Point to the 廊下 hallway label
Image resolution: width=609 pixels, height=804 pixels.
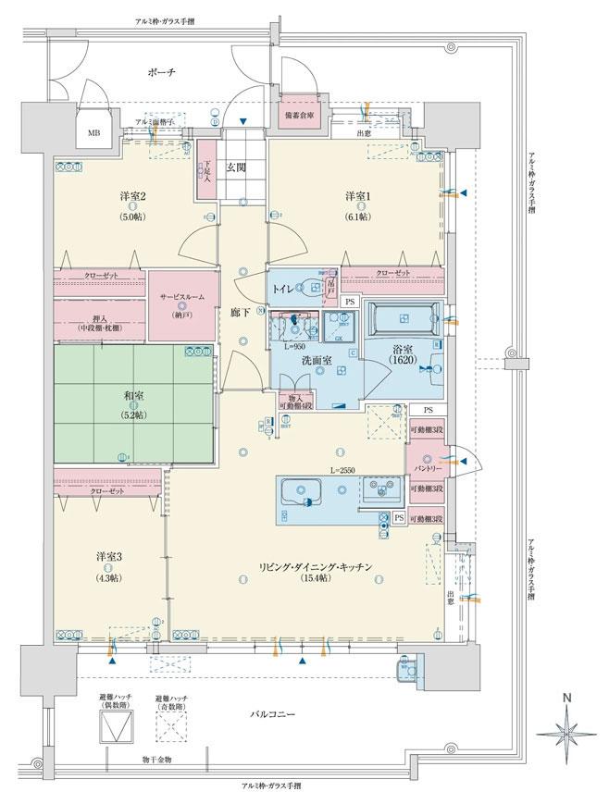coord(240,314)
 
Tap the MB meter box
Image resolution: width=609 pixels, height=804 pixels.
coord(93,134)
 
